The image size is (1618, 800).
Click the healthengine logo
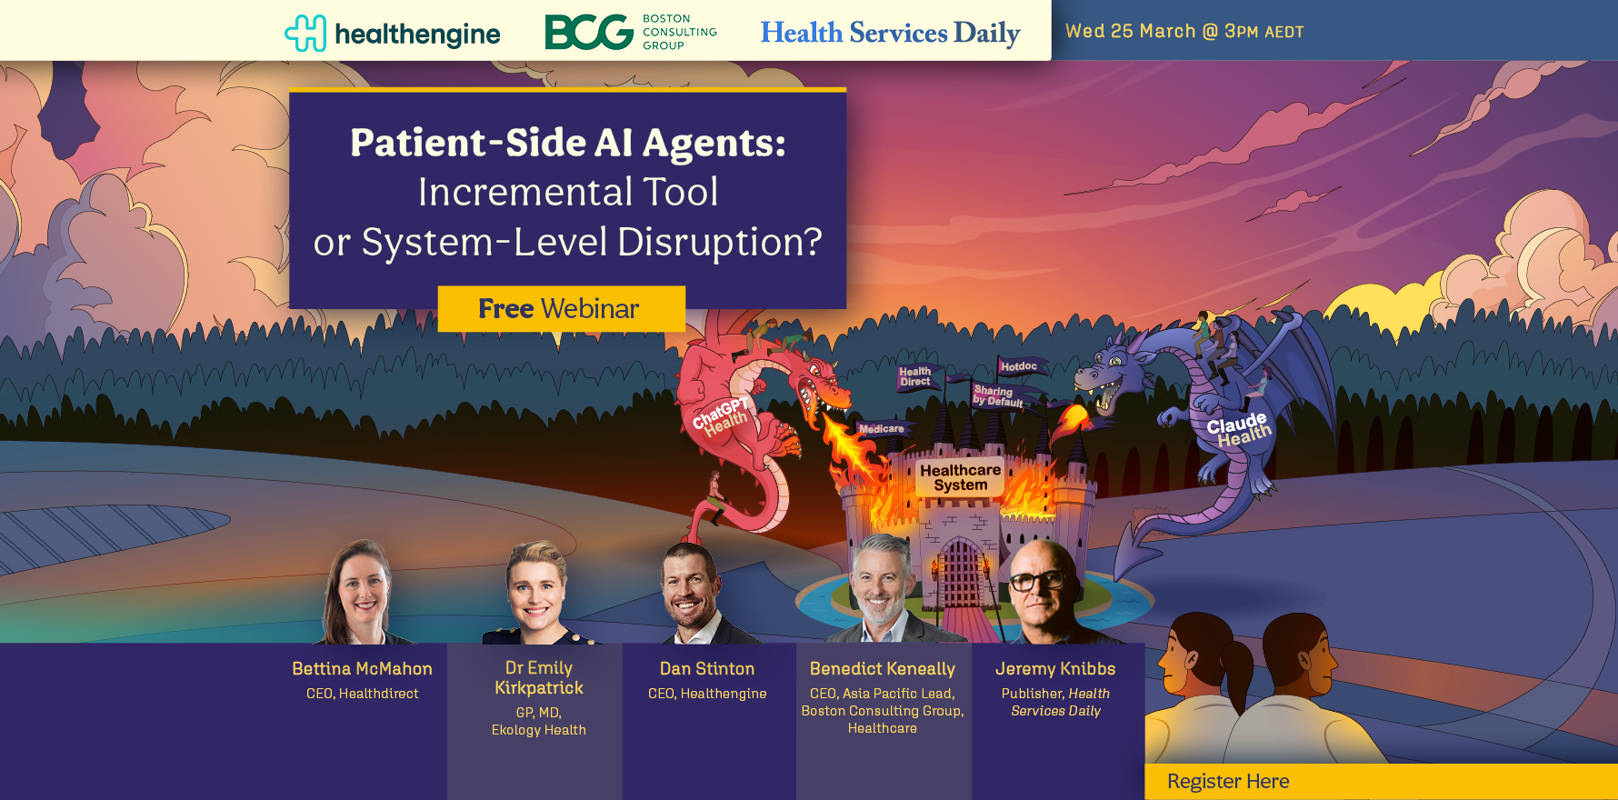click(x=392, y=34)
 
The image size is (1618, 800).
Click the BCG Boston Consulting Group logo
click(x=631, y=32)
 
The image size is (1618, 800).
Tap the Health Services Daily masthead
click(x=890, y=33)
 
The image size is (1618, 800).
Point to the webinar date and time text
click(x=1184, y=31)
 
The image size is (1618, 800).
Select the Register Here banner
click(x=1381, y=782)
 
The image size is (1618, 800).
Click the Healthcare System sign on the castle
click(x=960, y=477)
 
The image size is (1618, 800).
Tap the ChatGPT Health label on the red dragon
click(x=720, y=416)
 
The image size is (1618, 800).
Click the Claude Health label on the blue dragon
click(x=1239, y=430)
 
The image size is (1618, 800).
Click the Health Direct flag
click(x=916, y=376)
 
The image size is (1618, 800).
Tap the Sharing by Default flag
click(x=998, y=396)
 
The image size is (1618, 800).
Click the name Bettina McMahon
click(x=362, y=668)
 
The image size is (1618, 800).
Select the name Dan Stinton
click(x=707, y=668)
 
